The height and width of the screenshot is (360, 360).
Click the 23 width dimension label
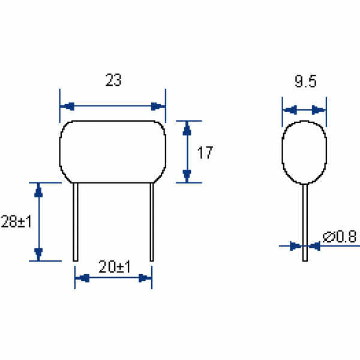click(113, 80)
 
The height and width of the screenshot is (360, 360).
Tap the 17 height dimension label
click(205, 152)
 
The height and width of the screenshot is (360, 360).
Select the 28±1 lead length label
click(16, 221)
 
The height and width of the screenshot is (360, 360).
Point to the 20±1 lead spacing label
click(115, 266)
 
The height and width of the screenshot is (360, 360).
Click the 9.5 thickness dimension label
click(305, 81)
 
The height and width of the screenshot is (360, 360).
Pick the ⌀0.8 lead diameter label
click(340, 236)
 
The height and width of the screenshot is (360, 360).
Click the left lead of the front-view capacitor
click(76, 222)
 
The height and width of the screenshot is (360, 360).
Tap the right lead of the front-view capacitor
click(152, 222)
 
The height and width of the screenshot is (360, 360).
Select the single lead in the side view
click(305, 223)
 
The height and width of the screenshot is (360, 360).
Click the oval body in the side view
click(282, 152)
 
